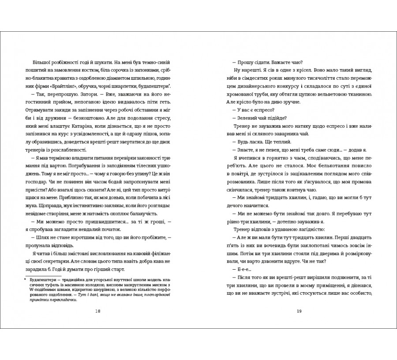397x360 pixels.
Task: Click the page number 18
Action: [x=98, y=312]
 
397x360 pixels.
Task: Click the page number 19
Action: [x=299, y=312]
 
